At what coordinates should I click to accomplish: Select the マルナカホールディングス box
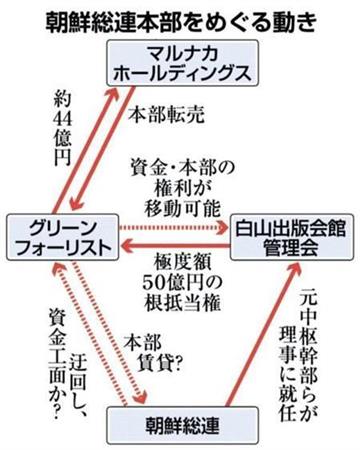[180, 63]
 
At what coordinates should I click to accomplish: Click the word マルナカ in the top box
[180, 51]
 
